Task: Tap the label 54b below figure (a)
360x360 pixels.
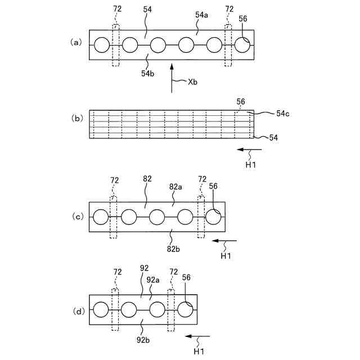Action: [x=148, y=73]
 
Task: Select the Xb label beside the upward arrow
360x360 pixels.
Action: [x=192, y=81]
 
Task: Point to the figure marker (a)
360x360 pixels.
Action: [x=76, y=42]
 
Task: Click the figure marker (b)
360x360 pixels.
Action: [x=76, y=119]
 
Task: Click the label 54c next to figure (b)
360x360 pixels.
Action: [x=282, y=114]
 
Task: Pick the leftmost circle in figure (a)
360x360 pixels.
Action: [x=102, y=45]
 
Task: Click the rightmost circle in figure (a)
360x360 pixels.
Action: [x=242, y=45]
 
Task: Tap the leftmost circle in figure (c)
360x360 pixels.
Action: [x=101, y=217]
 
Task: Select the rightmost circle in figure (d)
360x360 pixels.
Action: [x=185, y=310]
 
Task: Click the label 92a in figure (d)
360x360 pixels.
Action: [x=152, y=280]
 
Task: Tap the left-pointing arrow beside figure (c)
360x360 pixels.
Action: [x=224, y=241]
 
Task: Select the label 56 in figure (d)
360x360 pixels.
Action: [x=186, y=277]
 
